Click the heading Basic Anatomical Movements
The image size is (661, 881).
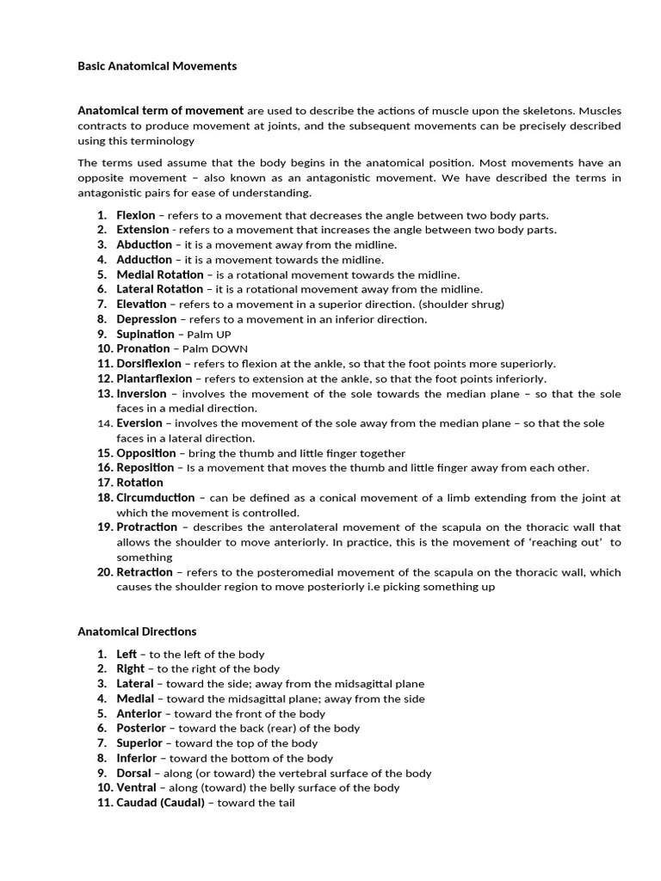pos(157,65)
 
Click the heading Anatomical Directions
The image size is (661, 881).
pos(137,631)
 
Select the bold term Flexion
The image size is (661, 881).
pos(136,215)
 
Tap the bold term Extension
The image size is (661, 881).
pos(143,230)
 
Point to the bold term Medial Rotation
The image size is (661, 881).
pos(160,274)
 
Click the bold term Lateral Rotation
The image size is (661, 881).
pos(160,289)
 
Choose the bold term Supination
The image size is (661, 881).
pos(145,334)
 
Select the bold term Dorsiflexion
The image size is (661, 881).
pos(149,364)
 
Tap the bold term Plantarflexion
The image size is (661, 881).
pos(155,379)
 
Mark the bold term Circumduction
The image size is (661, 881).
pos(157,498)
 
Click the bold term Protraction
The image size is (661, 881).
pos(147,527)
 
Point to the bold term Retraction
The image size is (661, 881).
pos(145,572)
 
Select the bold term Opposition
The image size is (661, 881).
pos(146,453)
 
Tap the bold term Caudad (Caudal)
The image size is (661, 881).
pos(161,803)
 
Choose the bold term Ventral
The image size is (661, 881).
pos(136,787)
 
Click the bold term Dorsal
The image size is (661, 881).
pos(134,773)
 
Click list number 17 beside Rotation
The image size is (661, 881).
pos(104,483)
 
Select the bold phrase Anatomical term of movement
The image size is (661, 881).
pos(160,111)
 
